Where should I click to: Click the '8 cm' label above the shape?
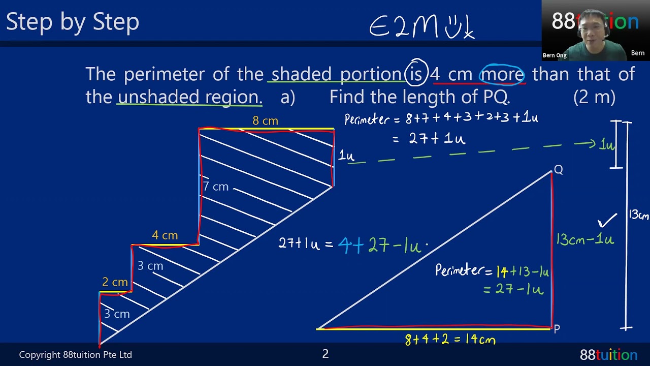265,121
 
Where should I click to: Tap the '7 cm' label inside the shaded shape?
216,187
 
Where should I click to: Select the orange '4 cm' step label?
165,235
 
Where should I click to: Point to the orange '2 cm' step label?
115,282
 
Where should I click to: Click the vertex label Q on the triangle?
559,169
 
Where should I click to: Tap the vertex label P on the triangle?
557,329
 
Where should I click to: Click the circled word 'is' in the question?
416,74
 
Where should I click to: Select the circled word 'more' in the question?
502,74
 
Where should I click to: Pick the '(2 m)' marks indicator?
594,97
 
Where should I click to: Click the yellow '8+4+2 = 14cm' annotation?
450,340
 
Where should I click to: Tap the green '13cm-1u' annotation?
585,239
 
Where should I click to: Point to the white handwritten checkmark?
607,220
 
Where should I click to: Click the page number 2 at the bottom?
326,354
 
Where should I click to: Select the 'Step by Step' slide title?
73,22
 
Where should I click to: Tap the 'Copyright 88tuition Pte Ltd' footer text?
76,354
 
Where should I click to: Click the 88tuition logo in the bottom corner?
608,354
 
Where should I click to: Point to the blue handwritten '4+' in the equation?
351,245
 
